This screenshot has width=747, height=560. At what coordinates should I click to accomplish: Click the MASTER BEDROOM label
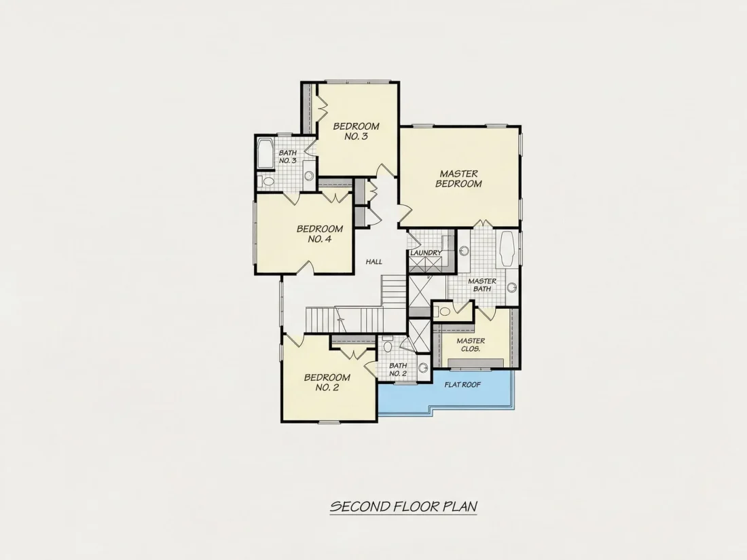[x=458, y=179]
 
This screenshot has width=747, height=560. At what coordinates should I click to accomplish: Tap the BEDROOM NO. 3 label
[x=357, y=132]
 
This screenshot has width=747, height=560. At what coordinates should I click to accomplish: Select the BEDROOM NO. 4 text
[x=320, y=234]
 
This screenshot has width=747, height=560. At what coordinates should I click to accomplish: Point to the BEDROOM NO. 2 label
[x=327, y=382]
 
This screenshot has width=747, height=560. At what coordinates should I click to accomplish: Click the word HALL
[x=374, y=261]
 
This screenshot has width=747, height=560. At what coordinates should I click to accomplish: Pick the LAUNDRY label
[x=426, y=253]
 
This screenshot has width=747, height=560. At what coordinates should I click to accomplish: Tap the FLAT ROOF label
[x=462, y=385]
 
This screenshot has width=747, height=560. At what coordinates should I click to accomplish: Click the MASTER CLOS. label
[x=471, y=345]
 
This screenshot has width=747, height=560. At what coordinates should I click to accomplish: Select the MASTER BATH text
[x=482, y=285]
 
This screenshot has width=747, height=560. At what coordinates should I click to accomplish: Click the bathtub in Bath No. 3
[x=265, y=153]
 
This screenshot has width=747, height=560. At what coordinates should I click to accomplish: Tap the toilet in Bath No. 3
[x=267, y=181]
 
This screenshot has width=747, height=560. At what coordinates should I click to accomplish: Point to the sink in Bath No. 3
[x=309, y=176]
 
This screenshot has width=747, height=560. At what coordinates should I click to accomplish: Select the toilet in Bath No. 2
[x=387, y=345]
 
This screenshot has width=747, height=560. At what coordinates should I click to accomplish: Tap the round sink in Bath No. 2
[x=422, y=368]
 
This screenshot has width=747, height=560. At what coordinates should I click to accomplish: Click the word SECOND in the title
[x=361, y=506]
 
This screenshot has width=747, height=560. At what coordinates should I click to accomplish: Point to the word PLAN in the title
[x=460, y=506]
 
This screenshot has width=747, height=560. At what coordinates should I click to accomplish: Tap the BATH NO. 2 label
[x=398, y=369]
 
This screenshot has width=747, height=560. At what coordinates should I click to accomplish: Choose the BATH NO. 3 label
[x=288, y=157]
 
